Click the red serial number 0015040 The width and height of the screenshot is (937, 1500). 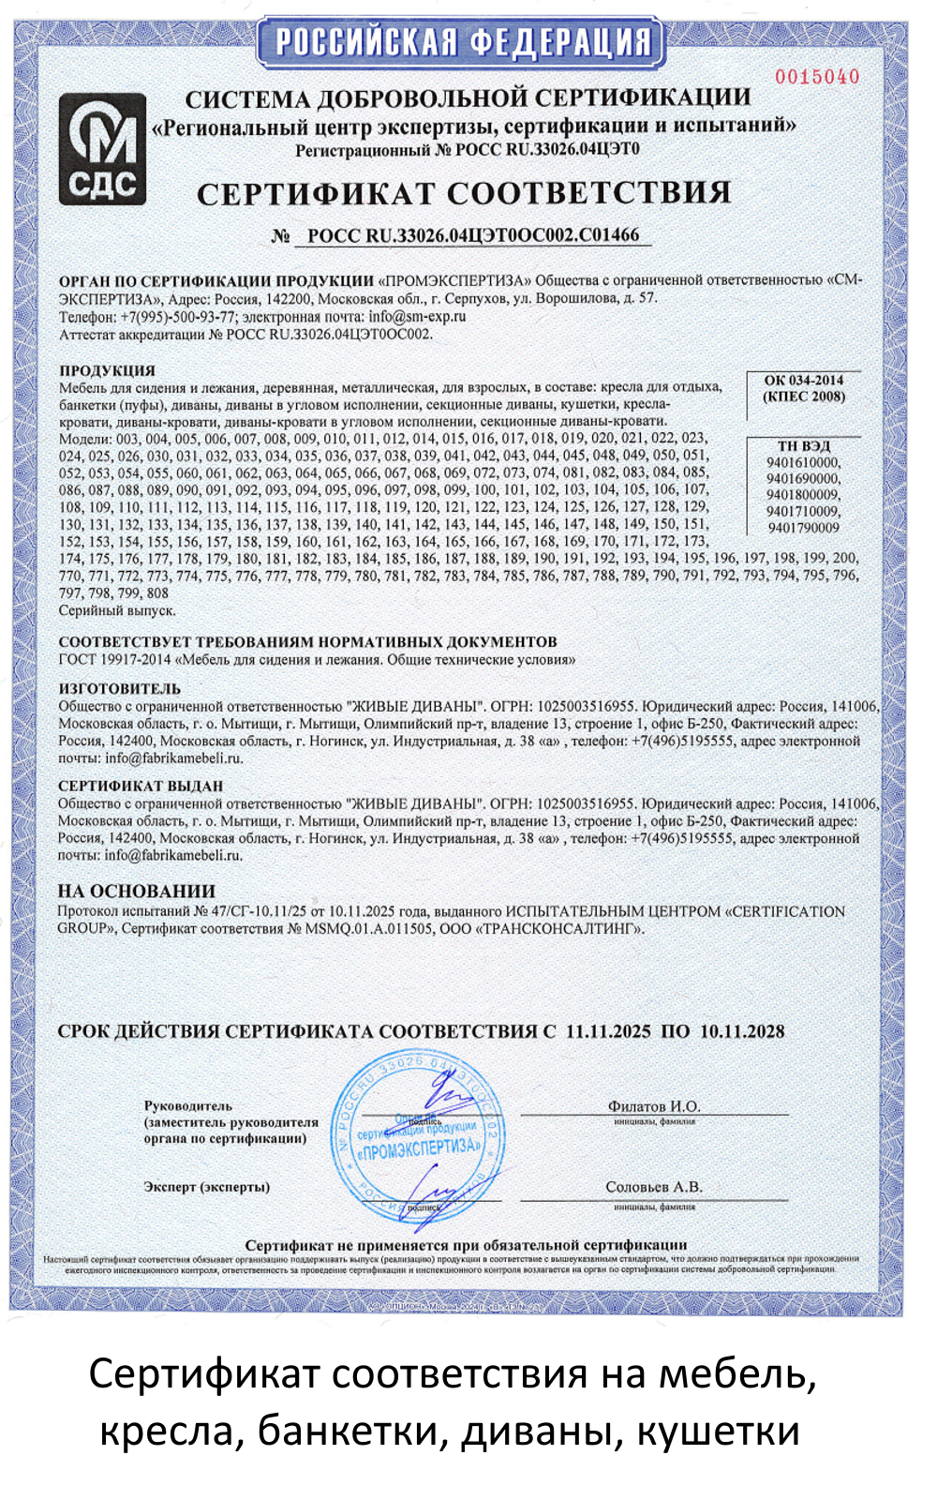pos(817,77)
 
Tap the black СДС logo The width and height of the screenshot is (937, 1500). pos(102,150)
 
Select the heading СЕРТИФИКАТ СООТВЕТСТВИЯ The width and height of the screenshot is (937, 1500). pos(464,193)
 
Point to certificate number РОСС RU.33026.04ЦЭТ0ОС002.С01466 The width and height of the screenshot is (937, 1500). pos(473,235)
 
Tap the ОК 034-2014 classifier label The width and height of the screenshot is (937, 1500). pos(803,380)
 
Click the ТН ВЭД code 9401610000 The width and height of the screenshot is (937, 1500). pos(803,462)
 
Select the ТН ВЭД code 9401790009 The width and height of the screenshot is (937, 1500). pos(803,528)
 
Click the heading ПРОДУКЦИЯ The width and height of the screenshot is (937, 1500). pos(107,370)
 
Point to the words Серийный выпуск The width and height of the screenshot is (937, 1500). pos(117,610)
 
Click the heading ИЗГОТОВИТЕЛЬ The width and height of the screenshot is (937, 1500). pos(119,688)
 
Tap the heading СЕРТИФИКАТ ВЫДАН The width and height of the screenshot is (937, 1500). pos(141,786)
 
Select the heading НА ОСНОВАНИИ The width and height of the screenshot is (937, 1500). pos(137,892)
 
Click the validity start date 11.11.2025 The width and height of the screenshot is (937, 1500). pos(608,1031)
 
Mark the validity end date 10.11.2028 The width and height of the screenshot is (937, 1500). pos(742,1031)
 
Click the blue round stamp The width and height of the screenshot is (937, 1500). pos(419,1136)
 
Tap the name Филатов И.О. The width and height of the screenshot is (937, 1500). pos(654,1106)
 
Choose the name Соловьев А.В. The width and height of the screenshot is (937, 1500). pos(654,1187)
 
